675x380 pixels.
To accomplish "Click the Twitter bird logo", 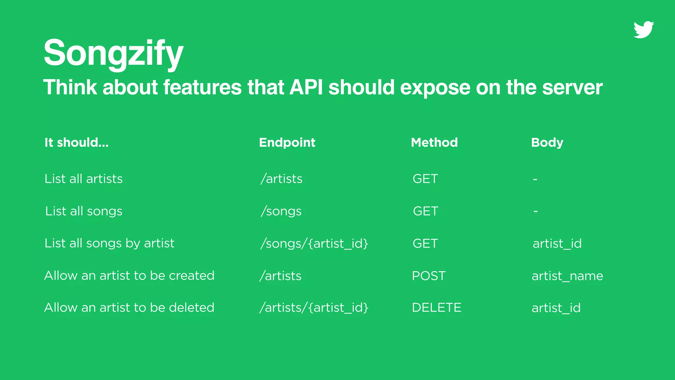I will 643,30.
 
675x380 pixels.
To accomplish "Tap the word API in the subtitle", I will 306,87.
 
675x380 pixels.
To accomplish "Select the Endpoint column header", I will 287,142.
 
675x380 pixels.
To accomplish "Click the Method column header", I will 434,142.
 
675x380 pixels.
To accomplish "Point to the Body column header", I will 547,142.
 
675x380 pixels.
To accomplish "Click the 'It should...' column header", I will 76,142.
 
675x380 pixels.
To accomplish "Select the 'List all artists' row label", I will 83,179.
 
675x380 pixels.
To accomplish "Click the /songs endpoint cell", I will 281,211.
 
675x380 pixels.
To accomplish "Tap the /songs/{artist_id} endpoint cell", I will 314,243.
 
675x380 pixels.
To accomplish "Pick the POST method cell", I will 428,276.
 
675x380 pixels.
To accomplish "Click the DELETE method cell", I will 436,307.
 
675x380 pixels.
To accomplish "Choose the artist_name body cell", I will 567,276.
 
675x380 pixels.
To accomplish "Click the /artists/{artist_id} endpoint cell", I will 314,307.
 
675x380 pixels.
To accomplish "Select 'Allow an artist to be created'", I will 129,275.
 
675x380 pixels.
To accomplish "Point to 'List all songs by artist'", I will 109,243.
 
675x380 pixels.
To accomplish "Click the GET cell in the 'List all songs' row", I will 426,211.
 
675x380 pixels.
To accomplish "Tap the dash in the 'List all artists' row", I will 535,179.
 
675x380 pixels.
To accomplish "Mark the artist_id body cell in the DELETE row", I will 556,308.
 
